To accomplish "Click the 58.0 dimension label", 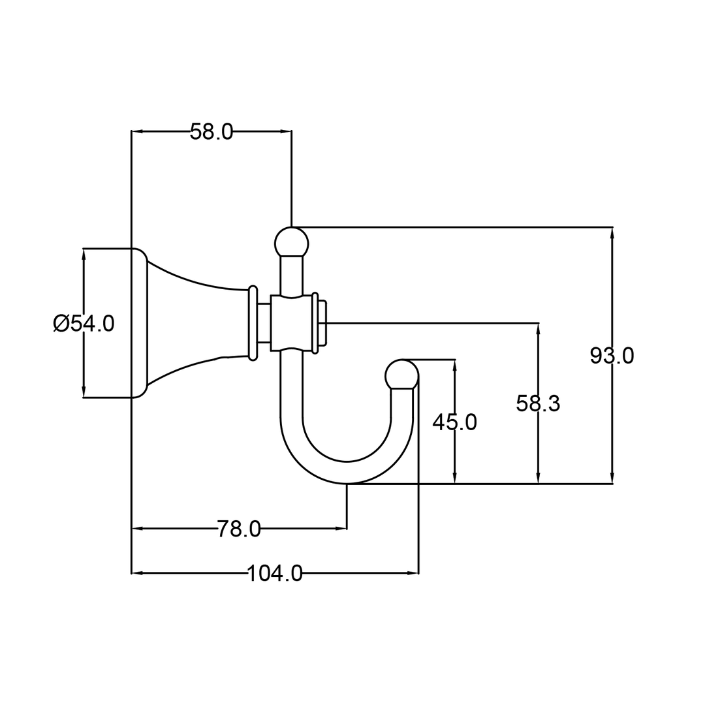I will pyautogui.click(x=211, y=131).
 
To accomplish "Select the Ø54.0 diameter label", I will pyautogui.click(x=84, y=323).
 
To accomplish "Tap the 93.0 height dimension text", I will pyautogui.click(x=612, y=356).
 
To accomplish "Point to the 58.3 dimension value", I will pyautogui.click(x=538, y=403).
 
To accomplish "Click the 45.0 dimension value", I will pyautogui.click(x=454, y=422).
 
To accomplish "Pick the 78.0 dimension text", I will pyautogui.click(x=239, y=529).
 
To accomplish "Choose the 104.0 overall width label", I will pyautogui.click(x=275, y=573).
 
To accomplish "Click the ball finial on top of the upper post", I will pyautogui.click(x=291, y=243).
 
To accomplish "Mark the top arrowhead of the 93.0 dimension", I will pyautogui.click(x=612, y=233).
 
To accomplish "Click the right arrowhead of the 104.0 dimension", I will pyautogui.click(x=412, y=573).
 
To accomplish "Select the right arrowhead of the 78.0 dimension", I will pyautogui.click(x=340, y=528).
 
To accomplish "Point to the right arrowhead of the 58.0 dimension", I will pyautogui.click(x=285, y=131).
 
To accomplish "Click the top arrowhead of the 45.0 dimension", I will pyautogui.click(x=454, y=366).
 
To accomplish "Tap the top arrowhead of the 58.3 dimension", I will pyautogui.click(x=538, y=329).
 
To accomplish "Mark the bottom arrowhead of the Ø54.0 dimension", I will pyautogui.click(x=84, y=392).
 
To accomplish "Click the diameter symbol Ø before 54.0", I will pyautogui.click(x=61, y=323).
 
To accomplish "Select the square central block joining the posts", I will pyautogui.click(x=291, y=323).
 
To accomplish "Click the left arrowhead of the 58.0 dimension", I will pyautogui.click(x=138, y=131).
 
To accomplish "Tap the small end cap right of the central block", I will pyautogui.click(x=322, y=323).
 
